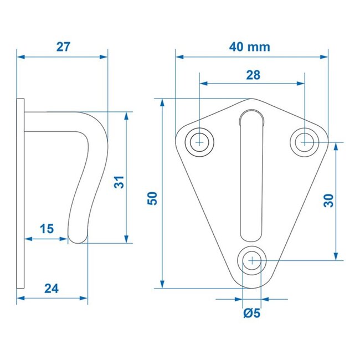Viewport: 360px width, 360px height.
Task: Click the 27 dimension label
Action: [63, 47]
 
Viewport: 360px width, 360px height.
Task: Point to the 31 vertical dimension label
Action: [119, 182]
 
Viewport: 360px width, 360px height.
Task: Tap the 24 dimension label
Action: [51, 288]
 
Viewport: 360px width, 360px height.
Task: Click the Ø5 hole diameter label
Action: [251, 313]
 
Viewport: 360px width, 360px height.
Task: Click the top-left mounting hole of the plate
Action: [200, 142]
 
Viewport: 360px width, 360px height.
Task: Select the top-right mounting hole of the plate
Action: [304, 142]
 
